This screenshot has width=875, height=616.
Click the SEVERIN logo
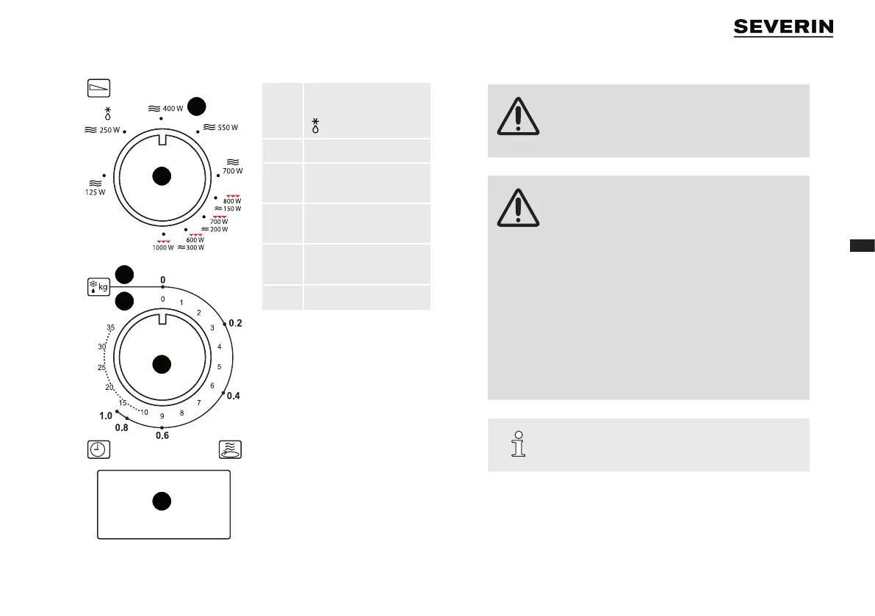(x=783, y=27)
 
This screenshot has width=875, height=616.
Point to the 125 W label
(x=95, y=192)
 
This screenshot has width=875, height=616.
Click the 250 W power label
(x=108, y=130)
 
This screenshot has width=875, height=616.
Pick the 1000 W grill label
(x=163, y=247)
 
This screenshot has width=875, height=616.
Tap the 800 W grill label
(x=232, y=200)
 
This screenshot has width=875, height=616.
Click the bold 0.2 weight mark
(x=235, y=323)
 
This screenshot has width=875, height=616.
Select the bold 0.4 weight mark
(x=233, y=396)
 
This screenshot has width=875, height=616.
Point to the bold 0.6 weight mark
(x=162, y=435)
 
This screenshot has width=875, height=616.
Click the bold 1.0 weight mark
(x=105, y=416)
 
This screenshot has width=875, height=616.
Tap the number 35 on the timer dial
(x=110, y=327)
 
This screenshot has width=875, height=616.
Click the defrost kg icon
(x=98, y=286)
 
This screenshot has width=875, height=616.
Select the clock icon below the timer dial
(x=97, y=449)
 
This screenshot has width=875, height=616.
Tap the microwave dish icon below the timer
(x=231, y=449)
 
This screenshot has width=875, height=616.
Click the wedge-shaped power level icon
(x=98, y=87)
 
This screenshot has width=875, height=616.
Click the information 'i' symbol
(x=519, y=443)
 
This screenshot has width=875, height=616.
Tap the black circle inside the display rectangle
(x=162, y=501)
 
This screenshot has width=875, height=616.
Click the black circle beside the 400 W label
(x=196, y=106)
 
